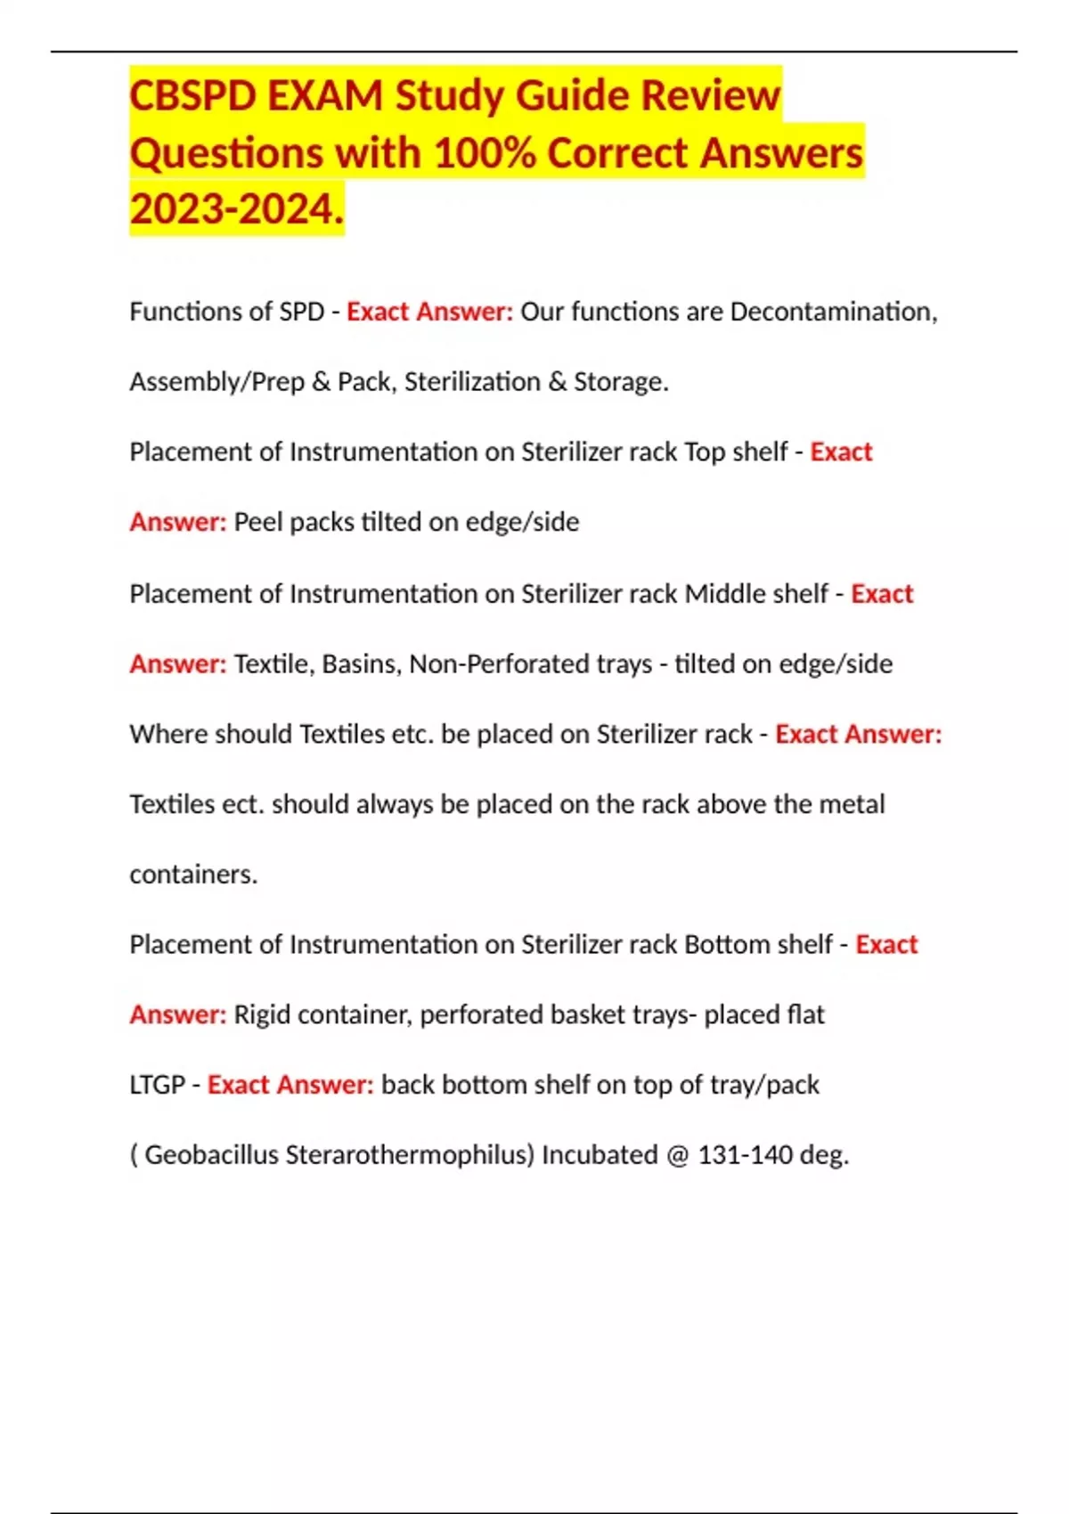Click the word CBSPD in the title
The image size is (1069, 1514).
point(192,96)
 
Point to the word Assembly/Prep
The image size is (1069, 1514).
point(216,382)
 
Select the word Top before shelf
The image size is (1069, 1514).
point(705,452)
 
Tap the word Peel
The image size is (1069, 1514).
point(258,522)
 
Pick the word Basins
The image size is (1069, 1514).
point(362,664)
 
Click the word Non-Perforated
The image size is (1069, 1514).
point(530,664)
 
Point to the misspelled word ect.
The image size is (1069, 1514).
point(242,804)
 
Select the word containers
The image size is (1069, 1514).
point(192,875)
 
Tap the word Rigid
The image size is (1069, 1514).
point(262,1015)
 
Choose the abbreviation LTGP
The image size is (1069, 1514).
point(157,1085)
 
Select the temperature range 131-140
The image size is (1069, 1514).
point(745,1155)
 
